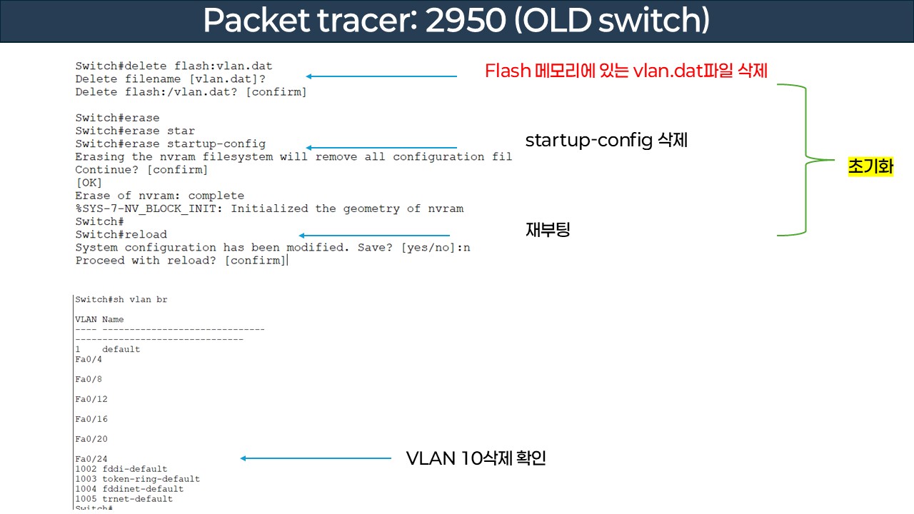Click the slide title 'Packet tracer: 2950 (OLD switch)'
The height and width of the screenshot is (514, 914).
pyautogui.click(x=456, y=21)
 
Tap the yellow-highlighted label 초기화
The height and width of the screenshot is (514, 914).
pyautogui.click(x=870, y=167)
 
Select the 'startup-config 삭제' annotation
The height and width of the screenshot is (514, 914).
pyautogui.click(x=606, y=140)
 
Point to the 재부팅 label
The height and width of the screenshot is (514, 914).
pyautogui.click(x=548, y=230)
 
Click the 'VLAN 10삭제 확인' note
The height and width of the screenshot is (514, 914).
pyautogui.click(x=476, y=458)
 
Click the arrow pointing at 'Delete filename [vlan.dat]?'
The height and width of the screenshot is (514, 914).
pyautogui.click(x=381, y=76)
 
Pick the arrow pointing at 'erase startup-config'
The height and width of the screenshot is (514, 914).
pyautogui.click(x=381, y=148)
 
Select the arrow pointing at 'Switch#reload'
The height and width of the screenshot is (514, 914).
pyautogui.click(x=374, y=235)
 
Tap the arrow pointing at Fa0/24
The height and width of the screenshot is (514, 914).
pyautogui.click(x=316, y=458)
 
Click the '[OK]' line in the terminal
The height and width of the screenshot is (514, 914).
pyautogui.click(x=89, y=183)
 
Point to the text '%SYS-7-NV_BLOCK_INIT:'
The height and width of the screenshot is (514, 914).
pyautogui.click(x=149, y=208)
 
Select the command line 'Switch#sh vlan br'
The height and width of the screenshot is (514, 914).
pyautogui.click(x=121, y=300)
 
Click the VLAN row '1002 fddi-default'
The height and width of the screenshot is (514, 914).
pyautogui.click(x=121, y=469)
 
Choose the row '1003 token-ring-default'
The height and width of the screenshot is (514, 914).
pyautogui.click(x=137, y=479)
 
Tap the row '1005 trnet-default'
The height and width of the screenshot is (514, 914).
pyautogui.click(x=124, y=499)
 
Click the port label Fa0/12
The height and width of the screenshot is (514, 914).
pyautogui.click(x=91, y=399)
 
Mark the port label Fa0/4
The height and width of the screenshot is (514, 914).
pyautogui.click(x=89, y=359)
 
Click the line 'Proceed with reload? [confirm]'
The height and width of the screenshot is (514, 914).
pyautogui.click(x=180, y=261)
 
